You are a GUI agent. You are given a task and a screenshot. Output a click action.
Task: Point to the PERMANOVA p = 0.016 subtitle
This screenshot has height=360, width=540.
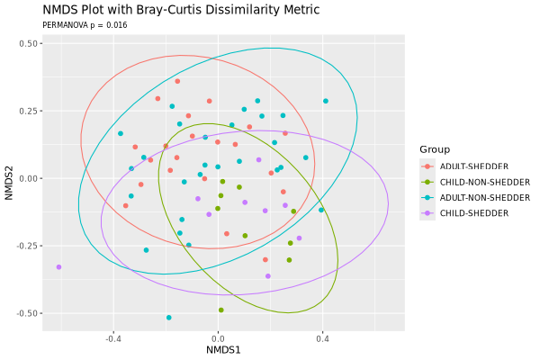point(85,25)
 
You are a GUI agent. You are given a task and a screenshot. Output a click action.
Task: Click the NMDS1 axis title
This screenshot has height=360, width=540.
point(223,349)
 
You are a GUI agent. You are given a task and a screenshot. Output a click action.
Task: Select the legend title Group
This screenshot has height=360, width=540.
point(435,149)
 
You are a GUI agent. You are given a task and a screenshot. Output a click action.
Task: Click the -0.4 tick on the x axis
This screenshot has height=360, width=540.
point(113,338)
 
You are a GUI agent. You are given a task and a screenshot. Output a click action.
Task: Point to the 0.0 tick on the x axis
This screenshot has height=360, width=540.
point(218,338)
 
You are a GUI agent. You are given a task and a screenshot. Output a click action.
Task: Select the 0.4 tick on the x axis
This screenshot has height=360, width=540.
point(322,338)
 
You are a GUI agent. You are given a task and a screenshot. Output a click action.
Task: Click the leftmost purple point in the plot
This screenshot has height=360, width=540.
point(59,267)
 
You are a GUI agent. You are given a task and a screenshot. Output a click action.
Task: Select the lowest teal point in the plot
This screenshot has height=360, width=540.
point(169,318)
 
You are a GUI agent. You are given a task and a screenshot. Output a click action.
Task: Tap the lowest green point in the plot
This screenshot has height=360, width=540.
point(221,310)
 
